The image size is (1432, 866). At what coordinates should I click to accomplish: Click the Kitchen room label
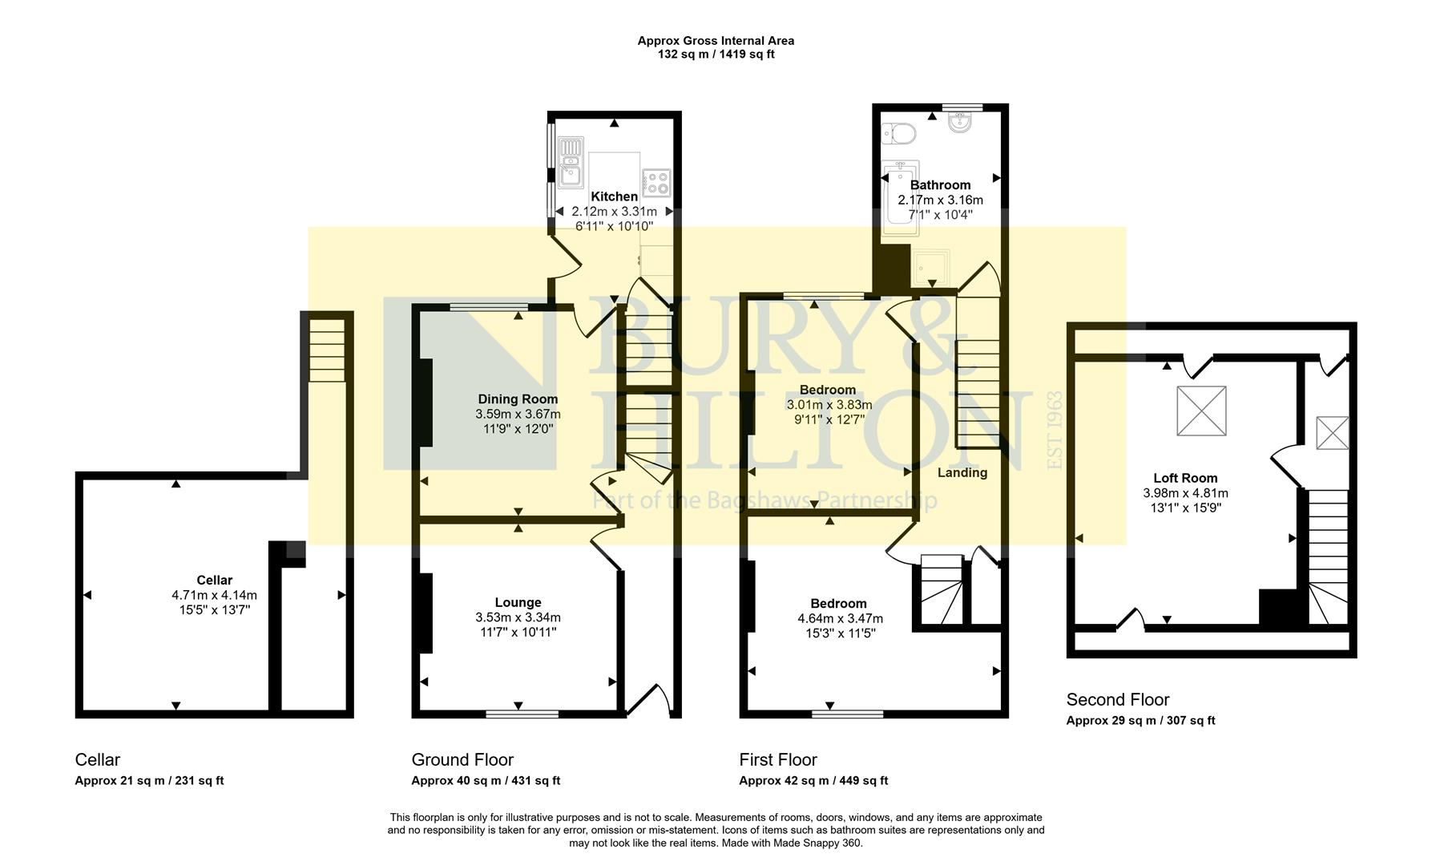pos(614,196)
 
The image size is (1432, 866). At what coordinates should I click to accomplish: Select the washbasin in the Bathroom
pos(960,123)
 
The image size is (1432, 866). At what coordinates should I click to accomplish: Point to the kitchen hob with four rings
pos(656,183)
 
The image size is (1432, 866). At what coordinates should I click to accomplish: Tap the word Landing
pos(962,472)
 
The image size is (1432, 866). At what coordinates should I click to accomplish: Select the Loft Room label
pos(1184,478)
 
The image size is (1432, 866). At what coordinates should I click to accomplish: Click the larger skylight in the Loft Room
pos(1200,411)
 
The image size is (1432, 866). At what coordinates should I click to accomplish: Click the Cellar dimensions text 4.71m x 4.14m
pos(214,595)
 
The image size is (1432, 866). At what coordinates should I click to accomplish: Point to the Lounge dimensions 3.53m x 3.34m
pos(518,617)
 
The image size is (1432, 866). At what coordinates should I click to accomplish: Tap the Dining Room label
pos(518,399)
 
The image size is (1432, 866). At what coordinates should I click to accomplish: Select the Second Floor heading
pos(1117,699)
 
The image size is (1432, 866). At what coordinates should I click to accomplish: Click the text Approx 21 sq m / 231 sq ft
pos(149,780)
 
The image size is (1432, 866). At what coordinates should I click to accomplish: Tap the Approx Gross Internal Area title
pos(715,40)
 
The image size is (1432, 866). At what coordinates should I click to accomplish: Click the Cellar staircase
pos(327,351)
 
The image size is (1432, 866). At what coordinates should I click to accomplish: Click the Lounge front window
pos(522,713)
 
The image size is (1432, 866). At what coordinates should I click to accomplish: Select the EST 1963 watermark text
pos(1055,430)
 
